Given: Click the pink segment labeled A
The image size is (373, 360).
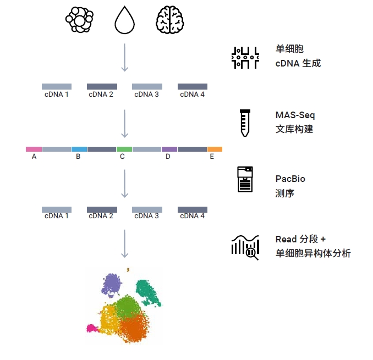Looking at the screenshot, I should point(34,149).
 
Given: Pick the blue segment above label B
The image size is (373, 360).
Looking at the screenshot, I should point(79,149).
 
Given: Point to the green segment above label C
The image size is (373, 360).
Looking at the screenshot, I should point(124,149).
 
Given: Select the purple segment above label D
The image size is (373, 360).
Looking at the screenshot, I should point(169,149).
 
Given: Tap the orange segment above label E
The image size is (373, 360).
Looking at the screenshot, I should point(215,149).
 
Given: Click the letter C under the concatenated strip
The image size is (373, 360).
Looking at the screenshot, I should point(122,157).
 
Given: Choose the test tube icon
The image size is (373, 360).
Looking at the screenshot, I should point(245,123).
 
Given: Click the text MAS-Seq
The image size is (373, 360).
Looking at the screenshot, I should point(295,115).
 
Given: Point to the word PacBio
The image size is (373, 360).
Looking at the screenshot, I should point(290,179).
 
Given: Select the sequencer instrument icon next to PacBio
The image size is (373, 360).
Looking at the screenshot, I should point(245,180).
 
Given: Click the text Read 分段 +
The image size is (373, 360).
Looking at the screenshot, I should point(300,240).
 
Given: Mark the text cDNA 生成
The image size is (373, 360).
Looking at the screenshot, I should point(298,63).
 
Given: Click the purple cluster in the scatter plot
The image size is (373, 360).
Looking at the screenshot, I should point(112,285).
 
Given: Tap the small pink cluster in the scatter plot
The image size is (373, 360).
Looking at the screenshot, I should point(91,328).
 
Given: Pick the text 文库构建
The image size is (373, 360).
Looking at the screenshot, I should point(294,130).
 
